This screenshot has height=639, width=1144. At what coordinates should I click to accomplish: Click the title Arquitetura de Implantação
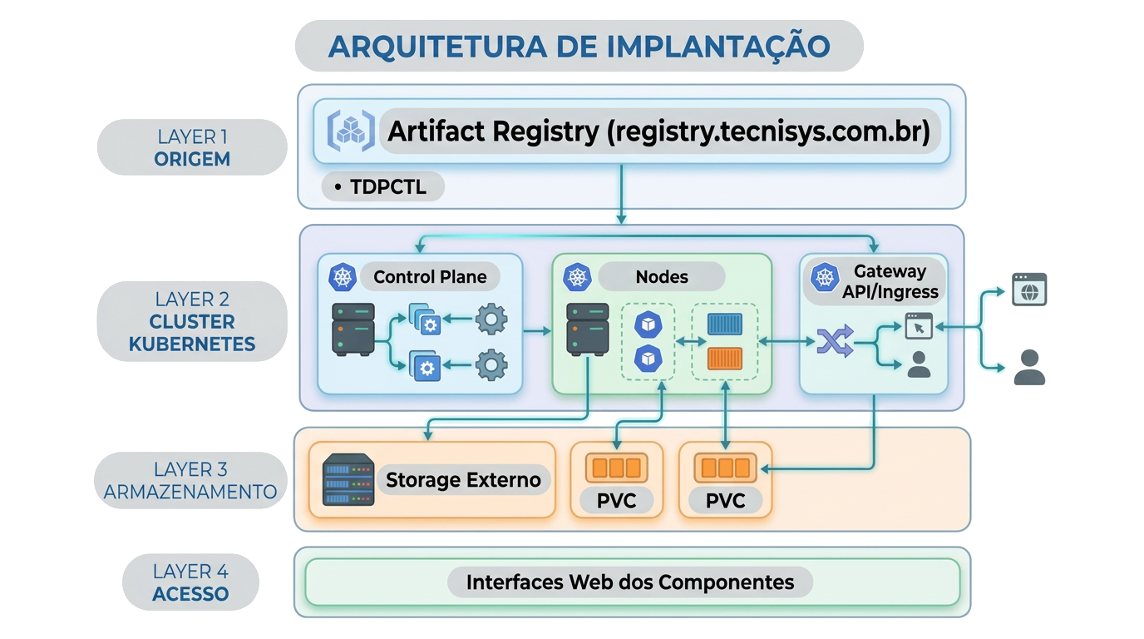coord(579,47)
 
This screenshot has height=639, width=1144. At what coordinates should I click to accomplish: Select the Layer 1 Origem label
coord(192,147)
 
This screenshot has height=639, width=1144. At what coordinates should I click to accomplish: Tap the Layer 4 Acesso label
coord(190,582)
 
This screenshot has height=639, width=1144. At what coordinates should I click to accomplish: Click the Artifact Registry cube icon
coord(347,130)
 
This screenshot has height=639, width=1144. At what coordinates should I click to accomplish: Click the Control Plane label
coord(430,277)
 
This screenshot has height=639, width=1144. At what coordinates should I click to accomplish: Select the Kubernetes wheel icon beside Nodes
coord(576,277)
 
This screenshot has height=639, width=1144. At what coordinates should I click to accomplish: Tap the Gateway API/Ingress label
coord(890,281)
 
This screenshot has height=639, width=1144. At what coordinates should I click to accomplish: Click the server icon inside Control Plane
coord(353,329)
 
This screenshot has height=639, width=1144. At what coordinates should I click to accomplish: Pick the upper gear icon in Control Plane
coord(491,319)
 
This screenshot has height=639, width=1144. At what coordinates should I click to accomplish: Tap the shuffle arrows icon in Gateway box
coord(835,341)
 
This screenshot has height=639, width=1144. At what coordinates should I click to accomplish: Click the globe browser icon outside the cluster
coord(1029,289)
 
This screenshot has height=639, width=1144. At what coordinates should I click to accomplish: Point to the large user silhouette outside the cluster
coord(1029,367)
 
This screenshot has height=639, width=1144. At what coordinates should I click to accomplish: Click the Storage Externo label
coord(463,480)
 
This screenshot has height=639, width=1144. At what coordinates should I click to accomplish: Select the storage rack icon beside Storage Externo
coord(348,480)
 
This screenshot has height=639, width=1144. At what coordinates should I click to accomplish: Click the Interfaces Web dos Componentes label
coord(629,582)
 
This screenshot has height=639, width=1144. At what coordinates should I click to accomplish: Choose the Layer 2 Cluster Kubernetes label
coord(192,321)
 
